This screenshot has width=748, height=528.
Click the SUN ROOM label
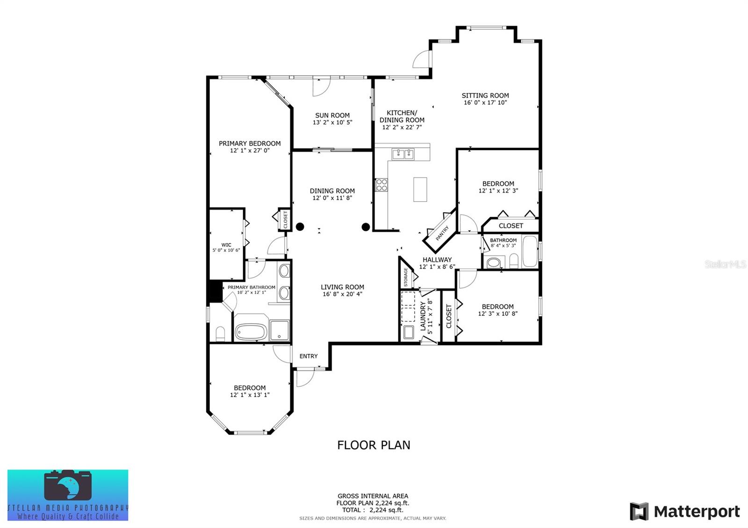(x=332, y=115)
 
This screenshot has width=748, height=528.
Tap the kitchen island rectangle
(x=420, y=189)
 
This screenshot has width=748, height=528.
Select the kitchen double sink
(x=403, y=154)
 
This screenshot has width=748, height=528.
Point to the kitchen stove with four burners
(x=381, y=185)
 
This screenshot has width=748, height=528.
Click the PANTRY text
(x=442, y=233)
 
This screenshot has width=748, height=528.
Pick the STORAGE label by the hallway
(x=406, y=277)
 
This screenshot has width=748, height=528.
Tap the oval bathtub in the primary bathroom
(x=251, y=331)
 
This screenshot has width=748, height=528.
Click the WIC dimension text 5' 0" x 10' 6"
(x=226, y=250)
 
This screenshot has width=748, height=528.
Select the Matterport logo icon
(x=639, y=511)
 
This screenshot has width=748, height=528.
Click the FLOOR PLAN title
(x=374, y=445)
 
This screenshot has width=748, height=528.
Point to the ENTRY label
(x=309, y=356)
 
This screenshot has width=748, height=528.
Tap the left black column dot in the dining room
(x=300, y=227)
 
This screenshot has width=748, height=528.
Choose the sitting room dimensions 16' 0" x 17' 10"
(x=485, y=102)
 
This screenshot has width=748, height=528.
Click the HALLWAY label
(x=437, y=259)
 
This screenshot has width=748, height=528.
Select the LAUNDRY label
(x=423, y=316)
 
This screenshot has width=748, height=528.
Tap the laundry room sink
(x=409, y=332)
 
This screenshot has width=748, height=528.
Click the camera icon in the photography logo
(x=68, y=485)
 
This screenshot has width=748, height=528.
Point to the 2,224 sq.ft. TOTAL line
(x=373, y=510)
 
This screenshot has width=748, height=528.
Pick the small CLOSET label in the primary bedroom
(x=286, y=220)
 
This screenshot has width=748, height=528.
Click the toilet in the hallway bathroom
(x=514, y=261)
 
